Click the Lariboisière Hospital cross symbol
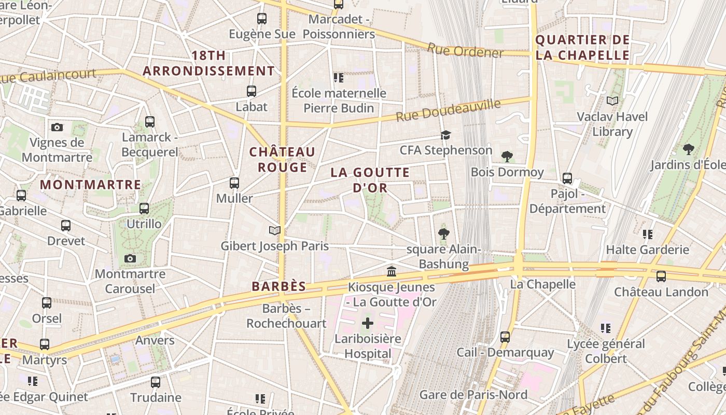click(367, 324)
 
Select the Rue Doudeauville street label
click(449, 110)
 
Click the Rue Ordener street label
click(465, 51)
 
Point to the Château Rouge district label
click(282, 160)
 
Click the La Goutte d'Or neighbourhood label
click(370, 180)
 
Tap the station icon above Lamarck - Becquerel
click(150, 122)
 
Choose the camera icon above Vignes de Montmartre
click(57, 127)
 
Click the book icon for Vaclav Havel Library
click(612, 101)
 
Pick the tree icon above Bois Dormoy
click(507, 157)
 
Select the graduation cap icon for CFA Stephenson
click(445, 135)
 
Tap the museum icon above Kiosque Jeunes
click(392, 271)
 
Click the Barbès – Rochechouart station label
click(286, 316)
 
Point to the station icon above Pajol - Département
click(567, 178)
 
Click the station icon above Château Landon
click(661, 276)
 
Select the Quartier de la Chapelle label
click(582, 48)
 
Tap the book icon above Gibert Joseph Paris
click(274, 230)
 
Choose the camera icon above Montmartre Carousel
click(130, 258)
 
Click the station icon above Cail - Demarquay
click(505, 337)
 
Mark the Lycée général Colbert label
click(606, 351)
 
